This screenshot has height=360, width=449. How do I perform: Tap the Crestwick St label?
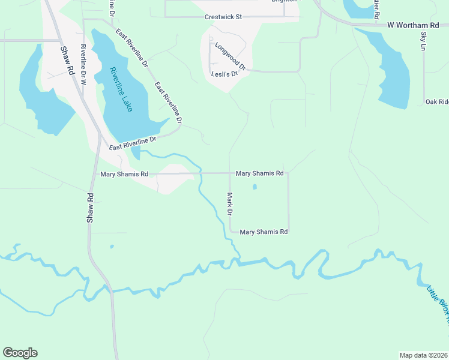coord(223,17)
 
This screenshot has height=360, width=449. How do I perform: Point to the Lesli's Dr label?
coord(225,74)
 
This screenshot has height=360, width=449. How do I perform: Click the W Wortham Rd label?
coord(413,25)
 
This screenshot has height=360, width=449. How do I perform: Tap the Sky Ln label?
coord(423,38)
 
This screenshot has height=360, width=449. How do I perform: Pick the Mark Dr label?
coord(229,204)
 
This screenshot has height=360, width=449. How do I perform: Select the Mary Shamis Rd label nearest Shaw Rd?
coord(124,174)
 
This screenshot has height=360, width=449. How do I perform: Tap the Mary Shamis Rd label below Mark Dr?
coord(264,232)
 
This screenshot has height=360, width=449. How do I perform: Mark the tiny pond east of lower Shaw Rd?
coord(111,246)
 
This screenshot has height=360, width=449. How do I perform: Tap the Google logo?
coord(20,353)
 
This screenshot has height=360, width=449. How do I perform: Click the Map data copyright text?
coord(423,355)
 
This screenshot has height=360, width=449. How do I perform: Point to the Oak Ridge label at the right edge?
coord(436,102)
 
